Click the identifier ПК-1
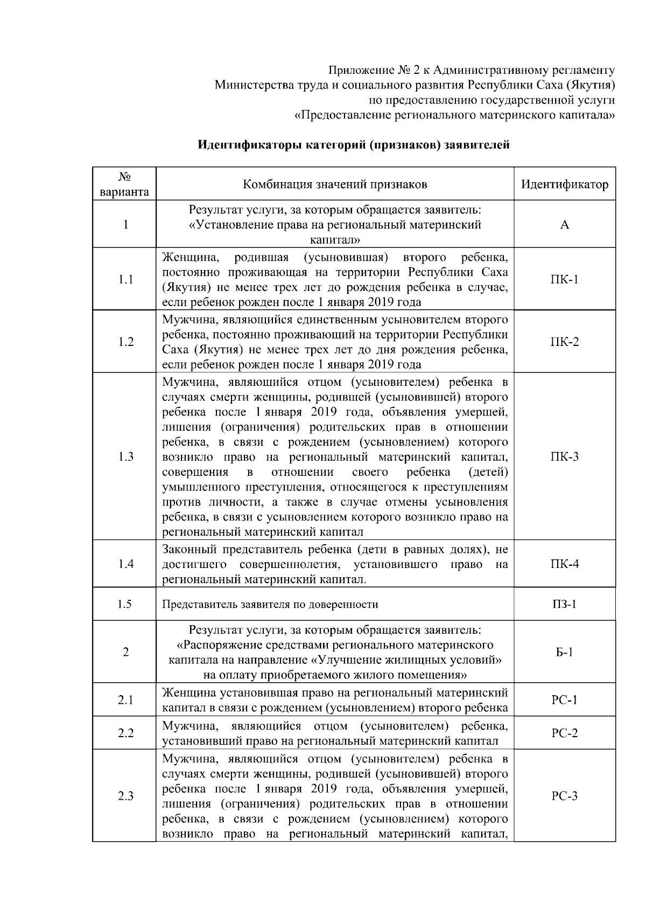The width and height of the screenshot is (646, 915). click(564, 279)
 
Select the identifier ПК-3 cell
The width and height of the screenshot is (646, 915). click(564, 457)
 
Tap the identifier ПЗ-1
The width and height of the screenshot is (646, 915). click(564, 604)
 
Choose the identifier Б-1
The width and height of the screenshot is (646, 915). click(564, 652)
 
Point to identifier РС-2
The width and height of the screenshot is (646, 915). click(564, 733)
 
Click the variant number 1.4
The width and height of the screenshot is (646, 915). click(125, 564)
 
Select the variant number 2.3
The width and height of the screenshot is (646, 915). click(125, 796)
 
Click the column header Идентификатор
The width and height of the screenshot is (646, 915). click(564, 185)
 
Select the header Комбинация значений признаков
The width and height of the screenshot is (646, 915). click(335, 185)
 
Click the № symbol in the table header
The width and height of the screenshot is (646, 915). click(125, 177)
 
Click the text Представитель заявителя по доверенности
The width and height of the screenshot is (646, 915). click(270, 605)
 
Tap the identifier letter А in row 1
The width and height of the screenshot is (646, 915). click(564, 225)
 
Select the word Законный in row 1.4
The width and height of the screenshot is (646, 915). click(185, 550)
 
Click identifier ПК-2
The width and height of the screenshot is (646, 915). click(564, 342)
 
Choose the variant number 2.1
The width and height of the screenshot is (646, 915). click(125, 701)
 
